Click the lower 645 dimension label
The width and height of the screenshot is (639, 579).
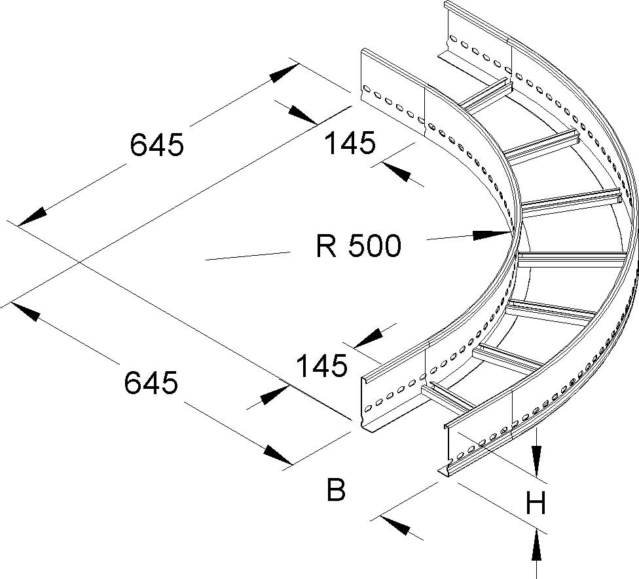point(151,382)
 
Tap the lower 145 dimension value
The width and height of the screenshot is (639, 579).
point(321,366)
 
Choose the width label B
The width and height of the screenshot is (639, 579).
point(336,489)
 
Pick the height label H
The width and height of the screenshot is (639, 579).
point(536,504)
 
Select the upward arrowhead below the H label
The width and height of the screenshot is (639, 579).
point(536,544)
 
